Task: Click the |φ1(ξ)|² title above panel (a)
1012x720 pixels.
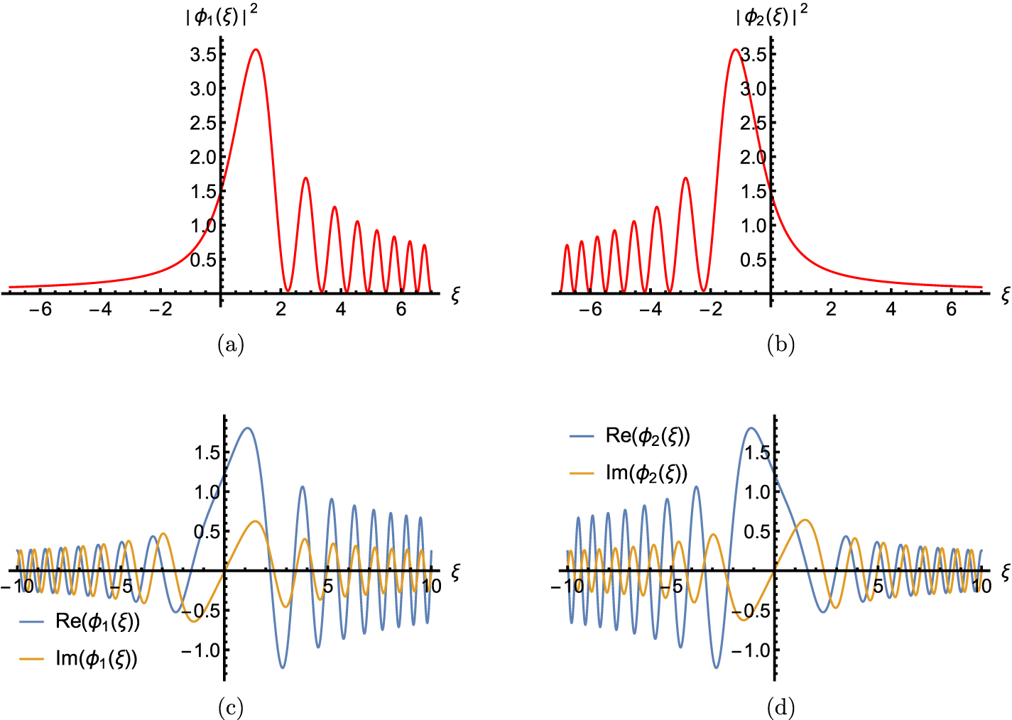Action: click(221, 16)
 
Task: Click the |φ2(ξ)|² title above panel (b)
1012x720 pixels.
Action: click(771, 16)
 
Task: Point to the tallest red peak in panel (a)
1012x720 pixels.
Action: click(255, 50)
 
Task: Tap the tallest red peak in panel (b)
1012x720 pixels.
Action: click(736, 50)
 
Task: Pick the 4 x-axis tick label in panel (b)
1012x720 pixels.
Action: click(891, 309)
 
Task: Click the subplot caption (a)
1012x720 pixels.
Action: click(230, 345)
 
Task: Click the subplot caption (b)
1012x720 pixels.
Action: click(780, 345)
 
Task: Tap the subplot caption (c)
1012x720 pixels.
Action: click(230, 707)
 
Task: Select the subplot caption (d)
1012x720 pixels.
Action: click(780, 707)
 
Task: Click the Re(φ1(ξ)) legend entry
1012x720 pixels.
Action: click(80, 622)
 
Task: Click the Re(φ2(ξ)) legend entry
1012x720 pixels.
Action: click(630, 436)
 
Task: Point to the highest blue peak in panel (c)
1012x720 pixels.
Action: click(247, 428)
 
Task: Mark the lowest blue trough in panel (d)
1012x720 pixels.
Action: click(716, 667)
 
